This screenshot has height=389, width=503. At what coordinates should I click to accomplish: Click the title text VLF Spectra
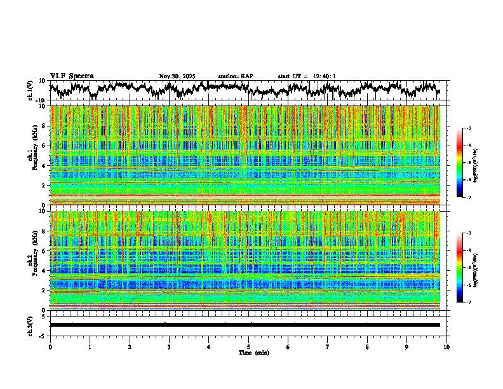(x=72, y=76)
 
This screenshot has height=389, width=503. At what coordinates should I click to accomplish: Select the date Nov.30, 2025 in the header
(x=177, y=76)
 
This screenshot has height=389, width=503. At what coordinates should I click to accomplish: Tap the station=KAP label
(x=235, y=76)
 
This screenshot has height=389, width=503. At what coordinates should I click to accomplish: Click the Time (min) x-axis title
(x=253, y=353)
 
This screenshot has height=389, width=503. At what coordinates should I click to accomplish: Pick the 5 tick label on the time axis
(x=248, y=347)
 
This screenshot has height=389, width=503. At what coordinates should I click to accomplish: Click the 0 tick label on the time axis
(x=50, y=347)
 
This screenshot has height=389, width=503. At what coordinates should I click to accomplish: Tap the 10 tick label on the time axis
(x=447, y=347)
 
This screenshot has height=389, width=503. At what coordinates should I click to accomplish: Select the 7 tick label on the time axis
(x=328, y=347)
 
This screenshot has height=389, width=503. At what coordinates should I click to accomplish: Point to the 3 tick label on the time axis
(x=169, y=347)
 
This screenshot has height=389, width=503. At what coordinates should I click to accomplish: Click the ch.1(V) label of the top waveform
(x=30, y=90)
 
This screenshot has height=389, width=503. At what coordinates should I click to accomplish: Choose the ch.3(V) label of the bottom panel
(x=30, y=325)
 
